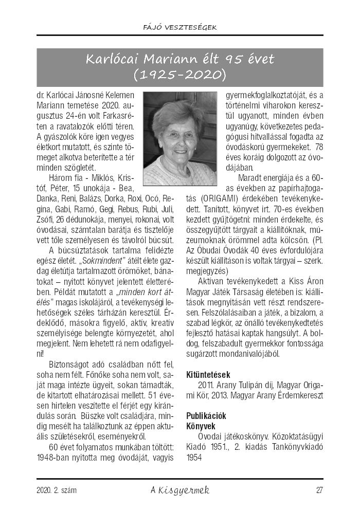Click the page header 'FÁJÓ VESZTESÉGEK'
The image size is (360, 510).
point(180,27)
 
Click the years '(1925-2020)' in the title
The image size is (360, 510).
point(179,75)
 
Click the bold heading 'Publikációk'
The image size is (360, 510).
point(206,415)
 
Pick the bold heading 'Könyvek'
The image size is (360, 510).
point(201,426)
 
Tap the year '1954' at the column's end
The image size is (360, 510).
point(194,457)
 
